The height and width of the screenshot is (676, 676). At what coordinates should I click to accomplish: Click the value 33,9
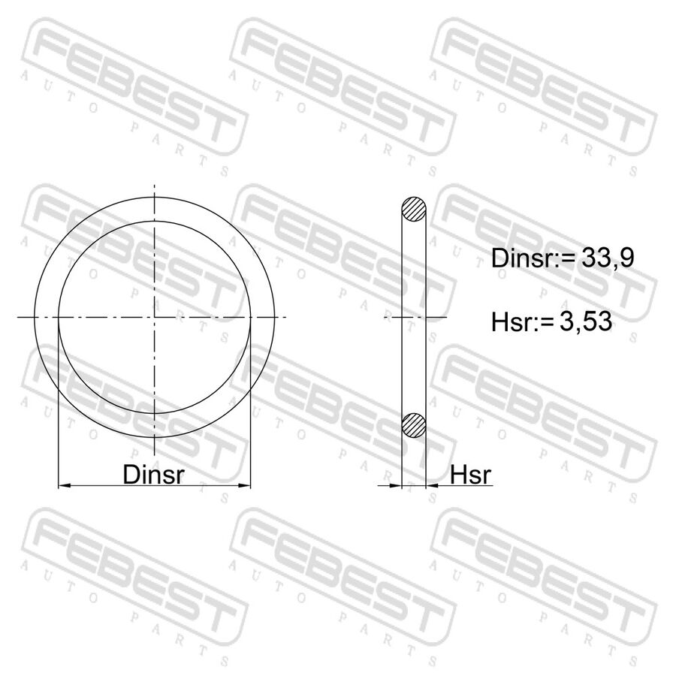608,258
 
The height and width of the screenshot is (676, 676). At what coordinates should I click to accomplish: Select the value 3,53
585,321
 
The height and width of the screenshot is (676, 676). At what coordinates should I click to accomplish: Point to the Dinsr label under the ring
153,474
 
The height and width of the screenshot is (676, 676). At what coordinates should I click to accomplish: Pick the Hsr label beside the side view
471,475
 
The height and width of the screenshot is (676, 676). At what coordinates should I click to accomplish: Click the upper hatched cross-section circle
414,209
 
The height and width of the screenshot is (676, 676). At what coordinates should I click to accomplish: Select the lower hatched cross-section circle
414,425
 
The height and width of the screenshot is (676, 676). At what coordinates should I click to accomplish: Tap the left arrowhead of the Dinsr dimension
65,486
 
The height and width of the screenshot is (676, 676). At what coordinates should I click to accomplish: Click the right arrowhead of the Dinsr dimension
244,486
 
